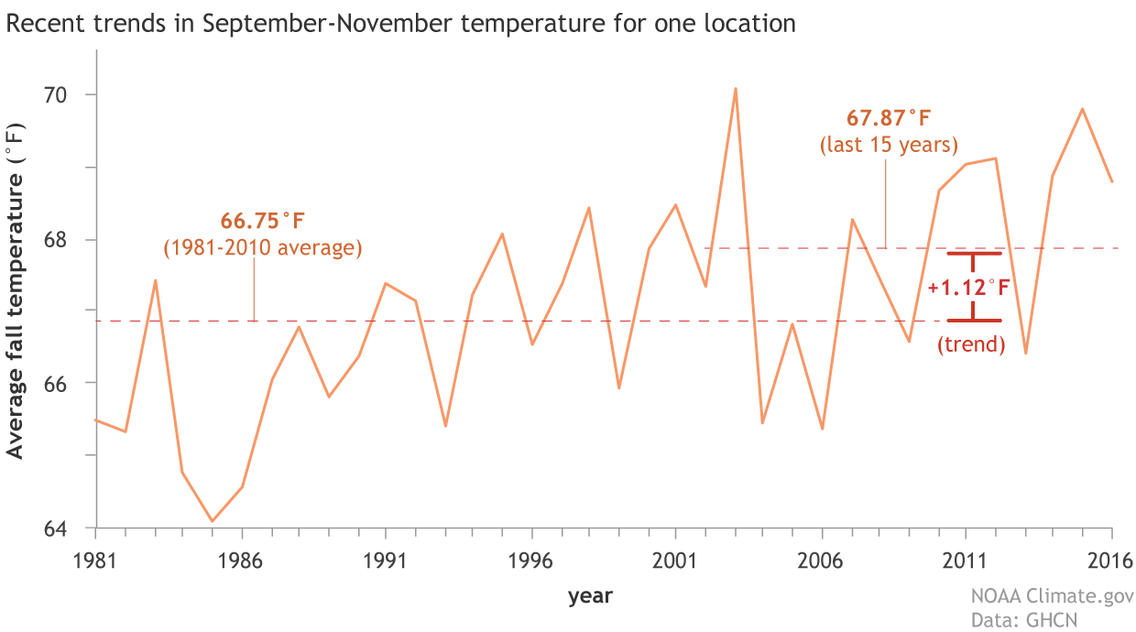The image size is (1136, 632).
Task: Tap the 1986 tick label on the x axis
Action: point(241,560)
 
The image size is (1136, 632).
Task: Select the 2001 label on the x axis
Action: point(675,560)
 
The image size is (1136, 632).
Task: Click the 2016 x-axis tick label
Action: point(1110,560)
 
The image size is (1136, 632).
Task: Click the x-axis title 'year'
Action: point(590,596)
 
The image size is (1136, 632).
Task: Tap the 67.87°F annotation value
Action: point(887,119)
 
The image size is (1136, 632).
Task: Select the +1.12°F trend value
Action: point(968,289)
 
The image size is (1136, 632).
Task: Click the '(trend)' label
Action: point(971,345)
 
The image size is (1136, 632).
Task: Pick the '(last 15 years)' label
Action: point(888,145)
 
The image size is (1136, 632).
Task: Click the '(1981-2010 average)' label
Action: point(263,248)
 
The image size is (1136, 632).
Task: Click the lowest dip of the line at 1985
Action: point(212,521)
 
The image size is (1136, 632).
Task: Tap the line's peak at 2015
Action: point(1083,109)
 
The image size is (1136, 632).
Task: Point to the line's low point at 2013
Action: point(1025,353)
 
